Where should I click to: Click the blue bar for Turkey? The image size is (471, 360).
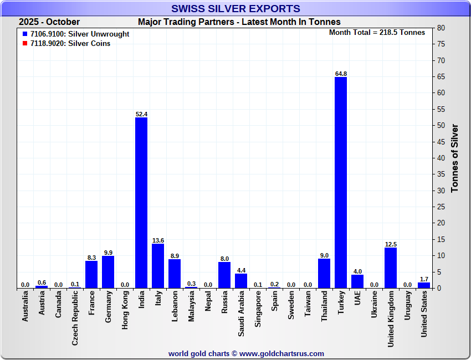pos(341,183)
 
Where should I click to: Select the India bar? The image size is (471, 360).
pos(141,203)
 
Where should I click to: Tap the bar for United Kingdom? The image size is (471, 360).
pos(391,268)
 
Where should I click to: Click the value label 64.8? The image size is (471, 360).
pos(341,74)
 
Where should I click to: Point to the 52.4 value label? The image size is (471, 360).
pos(141,114)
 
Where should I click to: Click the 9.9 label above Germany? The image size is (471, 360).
pos(108,253)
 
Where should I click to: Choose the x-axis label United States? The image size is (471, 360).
pos(424,315)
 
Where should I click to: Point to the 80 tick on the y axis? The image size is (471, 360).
pos(441,28)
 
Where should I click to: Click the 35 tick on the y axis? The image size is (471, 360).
pos(441,174)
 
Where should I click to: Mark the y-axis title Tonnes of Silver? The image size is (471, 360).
pos(455,158)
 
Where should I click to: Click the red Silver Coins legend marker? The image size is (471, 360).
pos(25,43)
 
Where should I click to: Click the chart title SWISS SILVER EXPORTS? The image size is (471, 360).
pos(235,8)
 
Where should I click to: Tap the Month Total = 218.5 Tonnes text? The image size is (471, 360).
pos(377,32)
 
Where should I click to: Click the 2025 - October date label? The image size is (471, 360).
pos(49,22)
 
